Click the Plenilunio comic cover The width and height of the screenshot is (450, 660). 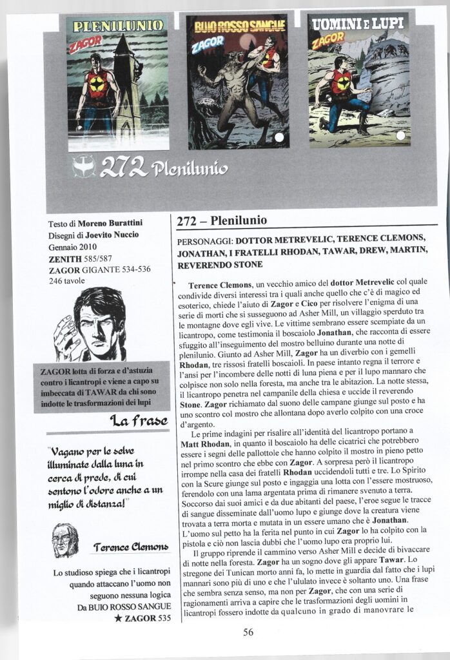117,82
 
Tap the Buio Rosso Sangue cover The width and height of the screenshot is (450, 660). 237,81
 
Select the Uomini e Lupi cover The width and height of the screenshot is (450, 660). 358,79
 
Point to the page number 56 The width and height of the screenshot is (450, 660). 248,632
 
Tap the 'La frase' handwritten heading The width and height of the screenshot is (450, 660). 139,422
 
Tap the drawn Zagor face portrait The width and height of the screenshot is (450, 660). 91,324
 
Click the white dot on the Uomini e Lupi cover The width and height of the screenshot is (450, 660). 400,135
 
